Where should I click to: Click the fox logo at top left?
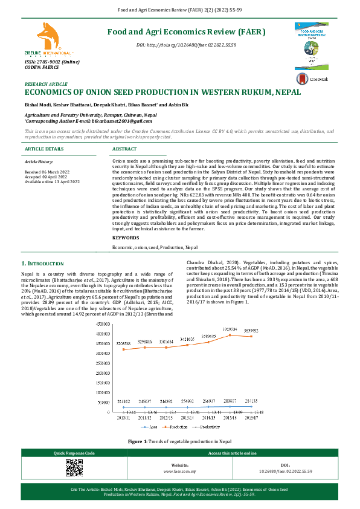pyautogui.click(x=45, y=38)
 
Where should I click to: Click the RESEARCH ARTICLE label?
pyautogui.click(x=46, y=85)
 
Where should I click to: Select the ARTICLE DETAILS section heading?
pyautogui.click(x=44, y=149)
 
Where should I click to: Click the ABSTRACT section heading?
pyautogui.click(x=125, y=149)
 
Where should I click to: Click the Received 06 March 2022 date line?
pyautogui.click(x=46, y=172)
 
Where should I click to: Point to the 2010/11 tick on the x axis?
pyautogui.click(x=124, y=417)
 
